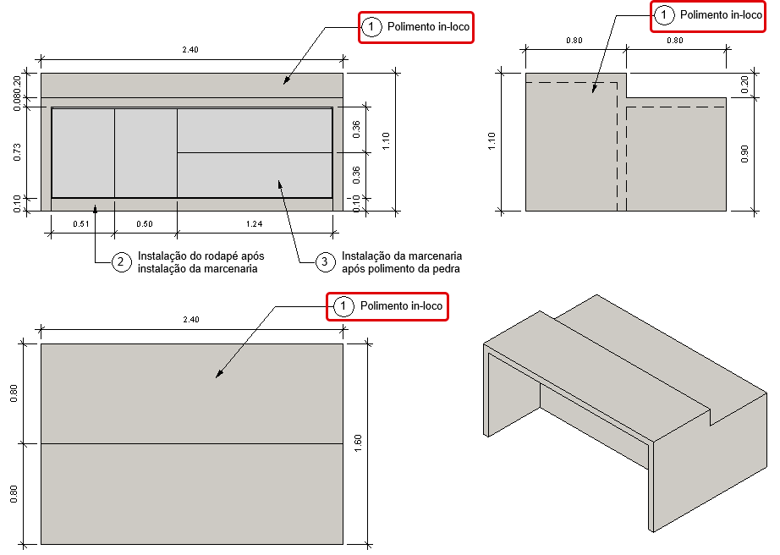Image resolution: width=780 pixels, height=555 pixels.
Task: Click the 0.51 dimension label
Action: pyautogui.click(x=82, y=224)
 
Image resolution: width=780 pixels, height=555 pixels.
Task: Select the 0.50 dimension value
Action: pyautogui.click(x=145, y=224)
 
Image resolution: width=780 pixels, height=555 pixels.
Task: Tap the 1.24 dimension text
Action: pyautogui.click(x=254, y=224)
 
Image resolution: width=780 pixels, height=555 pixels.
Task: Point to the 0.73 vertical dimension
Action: pyautogui.click(x=18, y=152)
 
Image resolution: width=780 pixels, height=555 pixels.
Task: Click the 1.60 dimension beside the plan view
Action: pyautogui.click(x=358, y=442)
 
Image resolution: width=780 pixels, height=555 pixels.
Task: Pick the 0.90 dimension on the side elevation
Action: pyautogui.click(x=744, y=154)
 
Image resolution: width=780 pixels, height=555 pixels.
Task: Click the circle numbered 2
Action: pyautogui.click(x=122, y=262)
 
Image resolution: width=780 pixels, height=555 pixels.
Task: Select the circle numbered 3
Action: pyautogui.click(x=324, y=262)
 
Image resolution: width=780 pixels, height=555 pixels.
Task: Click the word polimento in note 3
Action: pyautogui.click(x=387, y=269)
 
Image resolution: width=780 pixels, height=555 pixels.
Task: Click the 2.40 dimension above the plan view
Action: pyautogui.click(x=190, y=320)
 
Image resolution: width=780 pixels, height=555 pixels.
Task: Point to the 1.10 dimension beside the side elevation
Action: pyautogui.click(x=493, y=140)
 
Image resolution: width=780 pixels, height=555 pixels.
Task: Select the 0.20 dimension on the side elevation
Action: pyautogui.click(x=744, y=85)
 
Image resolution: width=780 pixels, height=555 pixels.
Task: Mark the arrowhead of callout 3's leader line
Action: pyautogui.click(x=278, y=180)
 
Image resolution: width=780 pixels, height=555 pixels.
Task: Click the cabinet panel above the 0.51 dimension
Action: pyautogui.click(x=83, y=153)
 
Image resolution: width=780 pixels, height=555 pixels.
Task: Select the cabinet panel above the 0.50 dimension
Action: pyautogui.click(x=146, y=153)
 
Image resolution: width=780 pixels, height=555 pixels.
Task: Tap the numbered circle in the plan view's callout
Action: pyautogui.click(x=343, y=306)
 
